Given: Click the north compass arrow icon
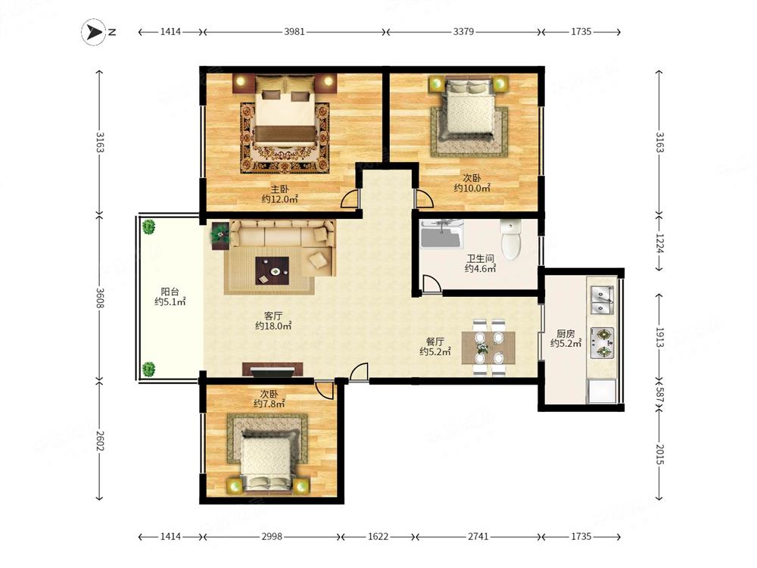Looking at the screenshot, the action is [x=93, y=33].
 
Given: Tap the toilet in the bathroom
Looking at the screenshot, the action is [x=511, y=239].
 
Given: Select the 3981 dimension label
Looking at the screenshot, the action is [x=294, y=32].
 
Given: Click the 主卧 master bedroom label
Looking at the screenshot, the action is [x=279, y=189].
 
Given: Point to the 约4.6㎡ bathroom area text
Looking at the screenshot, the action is [x=481, y=269].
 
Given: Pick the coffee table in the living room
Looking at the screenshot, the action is [x=273, y=271].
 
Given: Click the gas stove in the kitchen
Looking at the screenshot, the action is [x=603, y=342].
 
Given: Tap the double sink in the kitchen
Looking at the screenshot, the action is [x=603, y=300].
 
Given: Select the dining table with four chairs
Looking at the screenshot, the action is [x=488, y=348].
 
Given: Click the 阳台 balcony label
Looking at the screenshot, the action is [x=170, y=292].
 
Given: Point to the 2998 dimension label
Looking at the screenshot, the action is [x=272, y=537].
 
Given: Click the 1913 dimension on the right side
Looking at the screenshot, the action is [x=659, y=338].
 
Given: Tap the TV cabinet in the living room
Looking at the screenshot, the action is [x=273, y=370].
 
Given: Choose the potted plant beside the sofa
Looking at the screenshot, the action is [x=220, y=236].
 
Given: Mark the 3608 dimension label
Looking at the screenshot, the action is [x=100, y=298].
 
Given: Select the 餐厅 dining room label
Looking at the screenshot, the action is [x=435, y=342].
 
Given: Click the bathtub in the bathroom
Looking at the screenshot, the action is [x=441, y=234].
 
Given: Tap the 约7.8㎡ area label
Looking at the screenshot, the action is [x=269, y=404].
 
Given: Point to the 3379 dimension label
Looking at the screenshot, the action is [x=463, y=32].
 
